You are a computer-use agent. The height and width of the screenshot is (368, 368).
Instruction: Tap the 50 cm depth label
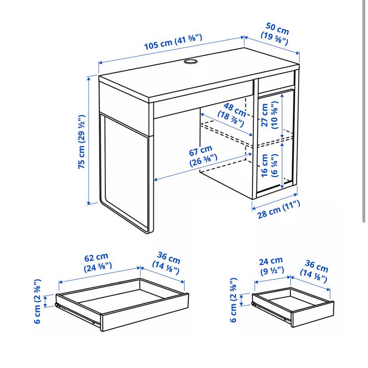[275, 34]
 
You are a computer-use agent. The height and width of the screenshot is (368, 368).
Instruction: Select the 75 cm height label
[81, 142]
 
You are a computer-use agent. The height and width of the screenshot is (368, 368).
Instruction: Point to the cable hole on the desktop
[191, 61]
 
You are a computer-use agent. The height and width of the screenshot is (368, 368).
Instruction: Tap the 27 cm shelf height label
[269, 115]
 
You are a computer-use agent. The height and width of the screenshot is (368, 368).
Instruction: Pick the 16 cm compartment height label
[269, 165]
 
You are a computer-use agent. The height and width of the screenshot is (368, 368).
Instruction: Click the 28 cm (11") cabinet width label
[279, 210]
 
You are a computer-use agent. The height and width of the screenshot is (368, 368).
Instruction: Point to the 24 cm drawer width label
[271, 266]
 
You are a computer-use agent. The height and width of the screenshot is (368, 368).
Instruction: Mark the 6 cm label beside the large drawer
[38, 301]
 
